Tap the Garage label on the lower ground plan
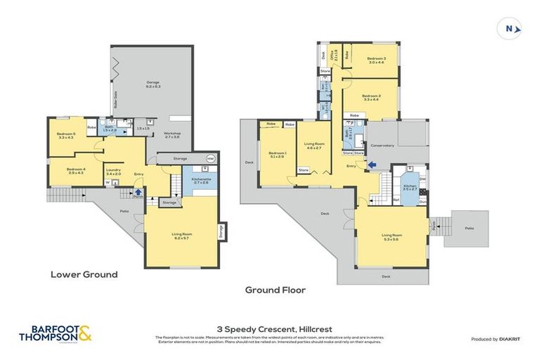point(153,84)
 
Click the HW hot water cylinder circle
point(210,158)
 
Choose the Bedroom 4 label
point(76,170)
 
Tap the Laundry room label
point(114,171)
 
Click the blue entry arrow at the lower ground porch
point(139,191)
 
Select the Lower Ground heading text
point(84,274)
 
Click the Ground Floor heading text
point(275,289)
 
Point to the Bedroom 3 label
point(376,60)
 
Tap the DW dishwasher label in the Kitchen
point(422,179)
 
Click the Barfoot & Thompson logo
point(60,333)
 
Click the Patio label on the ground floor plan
point(468,228)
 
